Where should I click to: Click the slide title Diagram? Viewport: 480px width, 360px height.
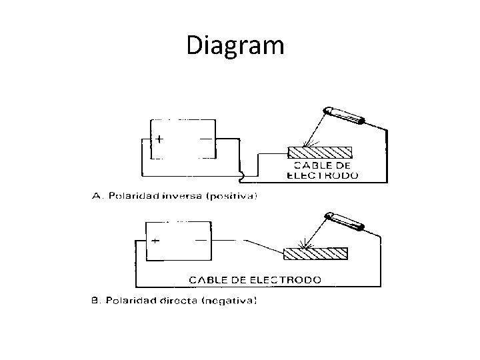(235, 45)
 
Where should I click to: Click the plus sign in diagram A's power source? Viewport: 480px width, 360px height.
(160, 140)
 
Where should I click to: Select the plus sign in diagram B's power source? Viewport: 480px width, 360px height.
(155, 241)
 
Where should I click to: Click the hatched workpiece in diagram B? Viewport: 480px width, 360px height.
(316, 254)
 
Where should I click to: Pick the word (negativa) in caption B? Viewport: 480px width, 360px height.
(229, 301)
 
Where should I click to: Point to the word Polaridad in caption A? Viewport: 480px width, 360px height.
(131, 196)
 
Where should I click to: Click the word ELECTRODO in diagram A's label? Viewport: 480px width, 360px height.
(323, 175)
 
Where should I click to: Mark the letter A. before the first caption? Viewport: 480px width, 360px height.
(95, 196)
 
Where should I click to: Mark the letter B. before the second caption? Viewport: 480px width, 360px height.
(95, 301)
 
